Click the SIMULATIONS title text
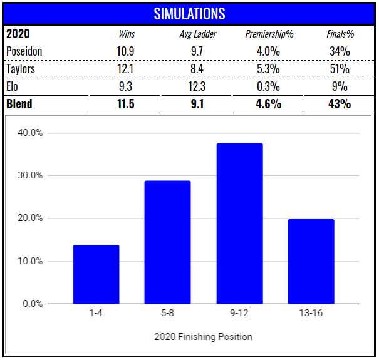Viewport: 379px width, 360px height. click(x=189, y=13)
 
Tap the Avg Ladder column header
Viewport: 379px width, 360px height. click(x=197, y=34)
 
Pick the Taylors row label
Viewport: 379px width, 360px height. click(x=21, y=68)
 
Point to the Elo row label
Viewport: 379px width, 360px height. click(x=13, y=86)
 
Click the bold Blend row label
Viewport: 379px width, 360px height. click(x=19, y=104)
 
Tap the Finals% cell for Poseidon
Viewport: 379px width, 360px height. click(x=339, y=51)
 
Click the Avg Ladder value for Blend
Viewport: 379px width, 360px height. click(x=197, y=104)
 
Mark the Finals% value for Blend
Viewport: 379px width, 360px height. click(x=339, y=104)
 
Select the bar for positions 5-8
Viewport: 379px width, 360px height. click(x=167, y=242)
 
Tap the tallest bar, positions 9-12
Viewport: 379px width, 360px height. click(x=239, y=224)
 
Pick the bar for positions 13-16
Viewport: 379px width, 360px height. click(x=311, y=262)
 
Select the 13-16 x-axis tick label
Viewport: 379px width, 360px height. click(x=311, y=313)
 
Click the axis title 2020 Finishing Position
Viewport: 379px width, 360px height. click(x=203, y=337)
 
